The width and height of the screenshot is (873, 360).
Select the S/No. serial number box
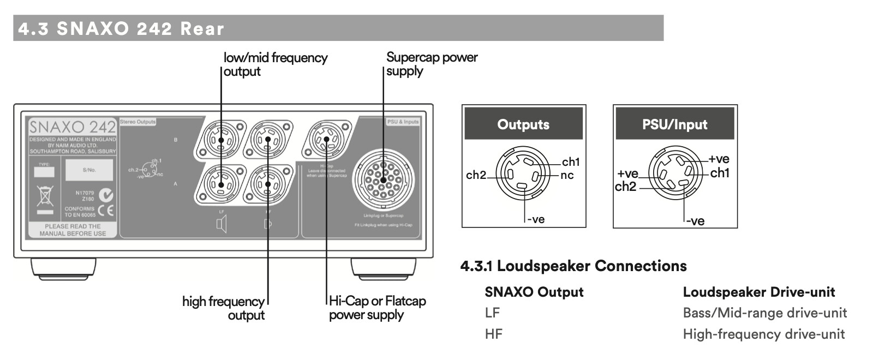pos(89,170)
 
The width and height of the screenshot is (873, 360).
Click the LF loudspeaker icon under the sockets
pos(221,224)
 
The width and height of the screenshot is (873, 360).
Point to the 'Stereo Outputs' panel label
pos(137,122)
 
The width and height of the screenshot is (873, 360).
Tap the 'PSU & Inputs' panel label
pos(403,122)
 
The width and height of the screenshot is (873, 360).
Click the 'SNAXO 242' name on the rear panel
pos(72,127)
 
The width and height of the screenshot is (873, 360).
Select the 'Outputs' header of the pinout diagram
pos(523,124)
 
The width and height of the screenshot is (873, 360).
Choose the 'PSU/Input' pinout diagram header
pos(674,124)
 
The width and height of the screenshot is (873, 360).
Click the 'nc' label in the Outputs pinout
pos(567,176)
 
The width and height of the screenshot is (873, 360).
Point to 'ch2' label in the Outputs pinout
pos(476,175)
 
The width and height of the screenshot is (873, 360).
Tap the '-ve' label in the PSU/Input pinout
pos(695,221)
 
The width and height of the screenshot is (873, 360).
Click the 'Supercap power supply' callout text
pos(431,64)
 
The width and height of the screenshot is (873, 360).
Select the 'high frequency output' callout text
pos(223,308)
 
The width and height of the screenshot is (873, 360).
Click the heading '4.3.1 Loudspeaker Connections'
pos(573,266)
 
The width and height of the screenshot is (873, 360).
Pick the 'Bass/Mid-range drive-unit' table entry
pos(764,313)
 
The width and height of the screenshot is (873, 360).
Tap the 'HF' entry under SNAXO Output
pos(493,334)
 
